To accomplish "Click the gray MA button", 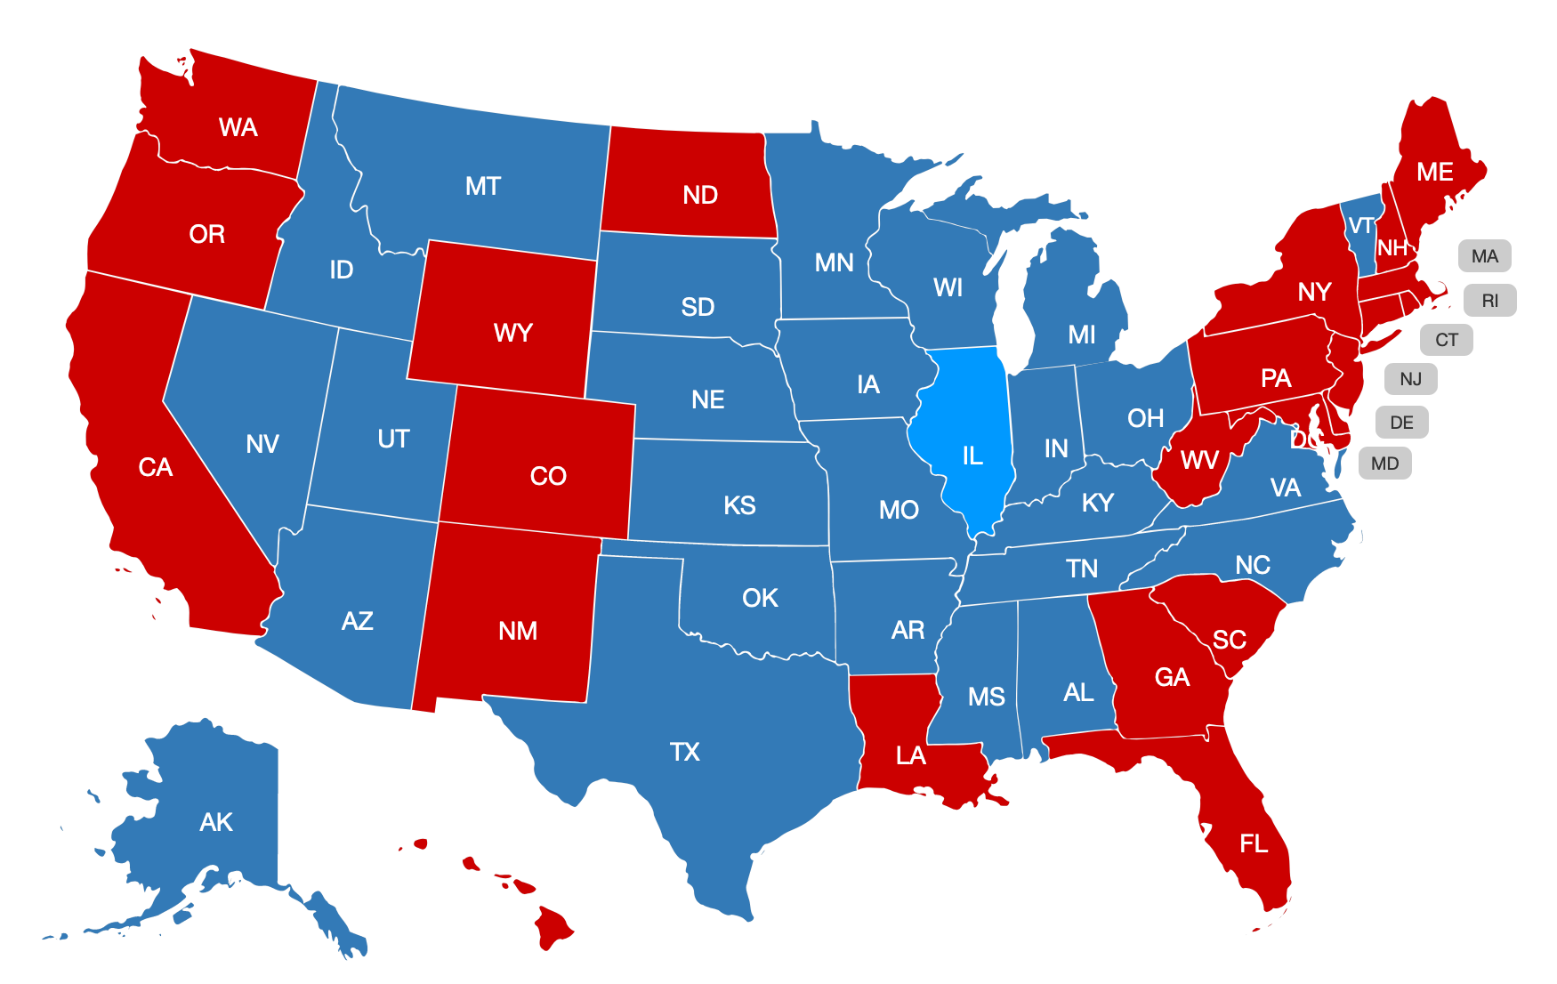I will tap(1484, 256).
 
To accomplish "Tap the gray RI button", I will tap(1489, 301).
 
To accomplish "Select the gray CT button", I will tap(1446, 340).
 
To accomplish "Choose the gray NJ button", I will tap(1410, 379).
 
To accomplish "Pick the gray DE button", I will tap(1401, 422).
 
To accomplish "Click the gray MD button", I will tap(1384, 464).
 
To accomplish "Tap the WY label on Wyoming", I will tap(513, 333).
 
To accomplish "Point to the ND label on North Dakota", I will tap(700, 195).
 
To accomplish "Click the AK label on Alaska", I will tap(216, 822).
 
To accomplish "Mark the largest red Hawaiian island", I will tap(553, 928).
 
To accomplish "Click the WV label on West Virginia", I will tap(1198, 460).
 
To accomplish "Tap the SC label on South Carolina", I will tap(1229, 640).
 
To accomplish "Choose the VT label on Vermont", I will tap(1360, 226).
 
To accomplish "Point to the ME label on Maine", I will tap(1434, 172).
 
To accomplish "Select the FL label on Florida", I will tap(1254, 843).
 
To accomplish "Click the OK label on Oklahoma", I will tap(760, 598).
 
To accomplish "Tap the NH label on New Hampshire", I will tap(1392, 248).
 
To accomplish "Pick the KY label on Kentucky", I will tap(1097, 503).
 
